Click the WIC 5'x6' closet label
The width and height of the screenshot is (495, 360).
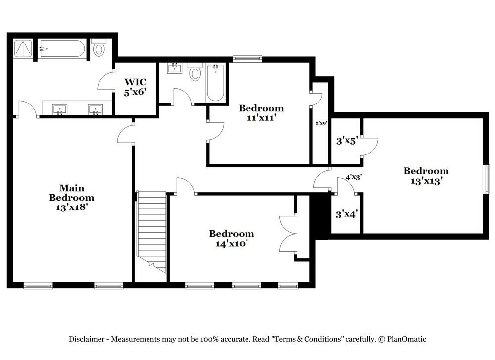pos(135,87)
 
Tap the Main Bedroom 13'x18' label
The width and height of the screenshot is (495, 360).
pos(72,198)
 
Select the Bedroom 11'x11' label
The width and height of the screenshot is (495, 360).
pos(261,113)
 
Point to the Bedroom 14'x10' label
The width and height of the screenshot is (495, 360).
pos(231,238)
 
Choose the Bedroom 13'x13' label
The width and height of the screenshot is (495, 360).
pos(426,176)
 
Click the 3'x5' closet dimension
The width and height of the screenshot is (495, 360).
pos(346,141)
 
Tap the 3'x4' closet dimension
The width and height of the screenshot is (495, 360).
pos(346,214)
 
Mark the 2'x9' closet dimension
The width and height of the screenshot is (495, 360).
pos(321,123)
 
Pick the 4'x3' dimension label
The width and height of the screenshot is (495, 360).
pos(353,177)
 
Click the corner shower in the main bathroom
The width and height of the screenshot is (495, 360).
pos(23,49)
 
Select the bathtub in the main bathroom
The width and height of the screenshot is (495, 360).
pos(61,49)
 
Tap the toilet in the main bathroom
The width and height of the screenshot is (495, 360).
pos(99,48)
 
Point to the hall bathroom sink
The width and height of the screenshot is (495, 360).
pos(174,68)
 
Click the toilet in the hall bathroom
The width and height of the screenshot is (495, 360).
pos(195,72)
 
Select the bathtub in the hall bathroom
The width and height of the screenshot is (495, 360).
pos(215,83)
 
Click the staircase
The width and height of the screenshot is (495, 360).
pos(151,232)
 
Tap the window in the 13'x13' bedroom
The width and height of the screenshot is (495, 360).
pos(488,179)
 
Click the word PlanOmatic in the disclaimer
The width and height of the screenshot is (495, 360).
pos(406,339)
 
